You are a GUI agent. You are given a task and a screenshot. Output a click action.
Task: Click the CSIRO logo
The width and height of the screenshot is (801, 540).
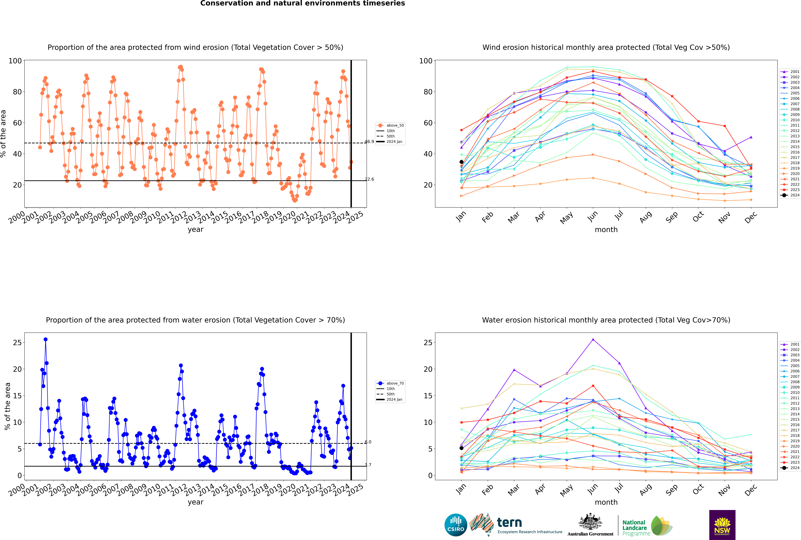pyautogui.click(x=456, y=525)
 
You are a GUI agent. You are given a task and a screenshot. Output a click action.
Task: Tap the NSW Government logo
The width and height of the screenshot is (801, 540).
pyautogui.click(x=722, y=525)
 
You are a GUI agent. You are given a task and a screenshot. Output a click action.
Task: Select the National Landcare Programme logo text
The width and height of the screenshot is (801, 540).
pyautogui.click(x=636, y=528)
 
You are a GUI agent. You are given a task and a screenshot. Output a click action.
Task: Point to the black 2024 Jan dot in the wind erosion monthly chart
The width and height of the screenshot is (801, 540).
pyautogui.click(x=461, y=162)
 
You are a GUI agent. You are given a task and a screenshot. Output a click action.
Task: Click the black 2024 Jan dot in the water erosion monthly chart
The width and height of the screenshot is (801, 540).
pyautogui.click(x=461, y=448)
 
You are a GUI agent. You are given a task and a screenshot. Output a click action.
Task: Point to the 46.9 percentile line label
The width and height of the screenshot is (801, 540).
pyautogui.click(x=369, y=142)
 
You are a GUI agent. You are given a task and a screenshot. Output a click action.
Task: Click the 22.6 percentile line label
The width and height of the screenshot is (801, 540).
pyautogui.click(x=369, y=179)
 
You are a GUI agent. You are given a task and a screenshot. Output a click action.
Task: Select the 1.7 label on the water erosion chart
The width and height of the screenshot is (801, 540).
pyautogui.click(x=368, y=465)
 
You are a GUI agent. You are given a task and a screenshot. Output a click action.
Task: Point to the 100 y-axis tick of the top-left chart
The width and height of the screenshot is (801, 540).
pyautogui.click(x=15, y=61)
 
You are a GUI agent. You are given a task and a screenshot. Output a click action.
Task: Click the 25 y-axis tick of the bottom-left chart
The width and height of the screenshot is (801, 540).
pyautogui.click(x=17, y=343)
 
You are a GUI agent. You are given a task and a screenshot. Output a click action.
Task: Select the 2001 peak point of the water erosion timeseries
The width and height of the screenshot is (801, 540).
pyautogui.click(x=45, y=339)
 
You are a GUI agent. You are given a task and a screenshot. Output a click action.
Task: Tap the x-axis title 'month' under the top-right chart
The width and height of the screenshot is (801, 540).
pyautogui.click(x=606, y=230)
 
